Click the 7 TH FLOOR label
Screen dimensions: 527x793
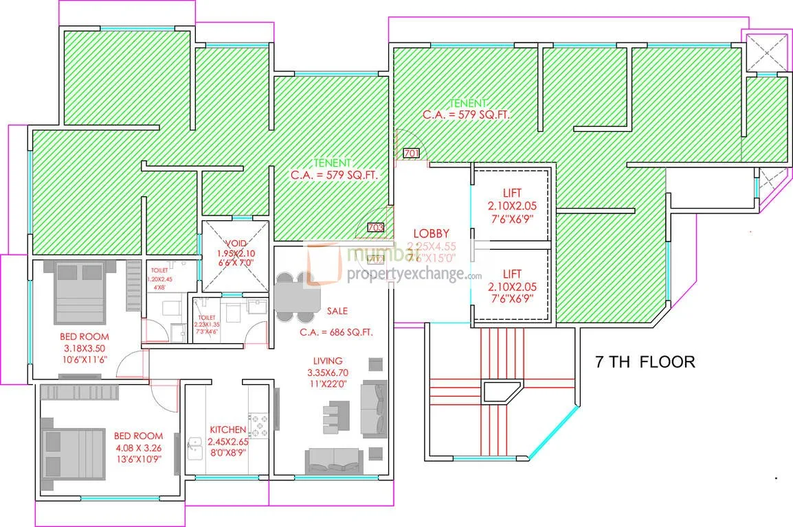pos(645,361)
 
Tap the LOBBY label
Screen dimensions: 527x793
pos(431,233)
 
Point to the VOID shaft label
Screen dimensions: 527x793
pos(234,244)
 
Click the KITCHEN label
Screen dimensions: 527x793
pos(227,430)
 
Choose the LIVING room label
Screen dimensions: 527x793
pos(328,360)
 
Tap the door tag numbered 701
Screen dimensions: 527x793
pos(411,153)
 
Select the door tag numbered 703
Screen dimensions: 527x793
pos(375,227)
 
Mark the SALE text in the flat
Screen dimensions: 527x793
pos(337,311)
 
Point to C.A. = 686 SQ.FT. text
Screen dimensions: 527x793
pos(336,332)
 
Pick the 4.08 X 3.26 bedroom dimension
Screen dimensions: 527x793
pos(138,447)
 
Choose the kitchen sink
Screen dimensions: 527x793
pos(193,449)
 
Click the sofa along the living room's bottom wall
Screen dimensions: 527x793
pos(334,458)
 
